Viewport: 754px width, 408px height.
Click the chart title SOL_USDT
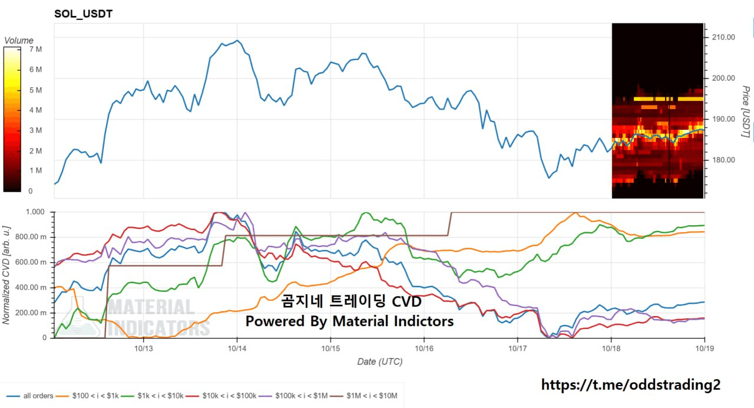coord(83,14)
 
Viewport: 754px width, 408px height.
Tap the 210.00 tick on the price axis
coord(723,37)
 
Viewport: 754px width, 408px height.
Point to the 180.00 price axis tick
coord(723,160)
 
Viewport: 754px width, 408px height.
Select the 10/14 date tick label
coord(237,348)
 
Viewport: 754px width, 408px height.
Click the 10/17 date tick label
coord(517,348)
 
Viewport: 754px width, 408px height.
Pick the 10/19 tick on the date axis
coord(705,348)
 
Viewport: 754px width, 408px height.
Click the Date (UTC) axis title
coord(380,361)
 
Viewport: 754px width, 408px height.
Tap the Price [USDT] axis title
coord(746,112)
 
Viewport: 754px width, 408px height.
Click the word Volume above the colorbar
coord(19,41)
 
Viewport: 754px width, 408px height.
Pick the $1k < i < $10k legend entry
coord(160,396)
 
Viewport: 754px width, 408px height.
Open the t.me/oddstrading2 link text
coord(630,385)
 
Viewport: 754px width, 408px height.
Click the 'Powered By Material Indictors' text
coord(349,321)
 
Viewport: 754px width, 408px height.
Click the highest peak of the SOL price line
coord(237,41)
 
